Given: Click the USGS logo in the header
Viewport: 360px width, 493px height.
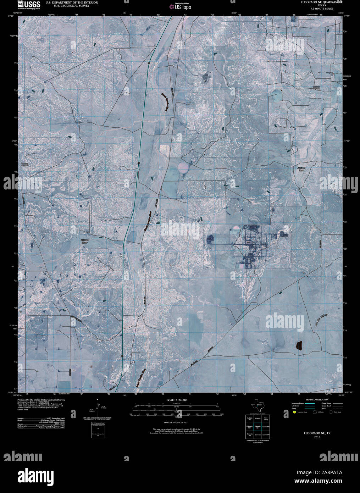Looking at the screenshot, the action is click(29, 5).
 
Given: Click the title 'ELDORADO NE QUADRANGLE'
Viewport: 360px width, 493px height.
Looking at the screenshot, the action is click(322, 2).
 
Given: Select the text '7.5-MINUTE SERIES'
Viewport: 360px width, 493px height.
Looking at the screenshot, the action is click(321, 8).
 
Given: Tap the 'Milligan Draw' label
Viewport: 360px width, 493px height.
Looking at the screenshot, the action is click(301, 169).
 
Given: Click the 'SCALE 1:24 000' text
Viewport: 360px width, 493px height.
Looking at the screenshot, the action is click(177, 400).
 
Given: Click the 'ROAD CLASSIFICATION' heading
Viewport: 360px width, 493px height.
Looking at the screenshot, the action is click(315, 399).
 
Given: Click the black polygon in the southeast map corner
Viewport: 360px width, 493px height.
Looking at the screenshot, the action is click(299, 345).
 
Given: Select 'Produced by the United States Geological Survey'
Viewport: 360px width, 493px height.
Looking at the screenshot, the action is click(41, 399).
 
